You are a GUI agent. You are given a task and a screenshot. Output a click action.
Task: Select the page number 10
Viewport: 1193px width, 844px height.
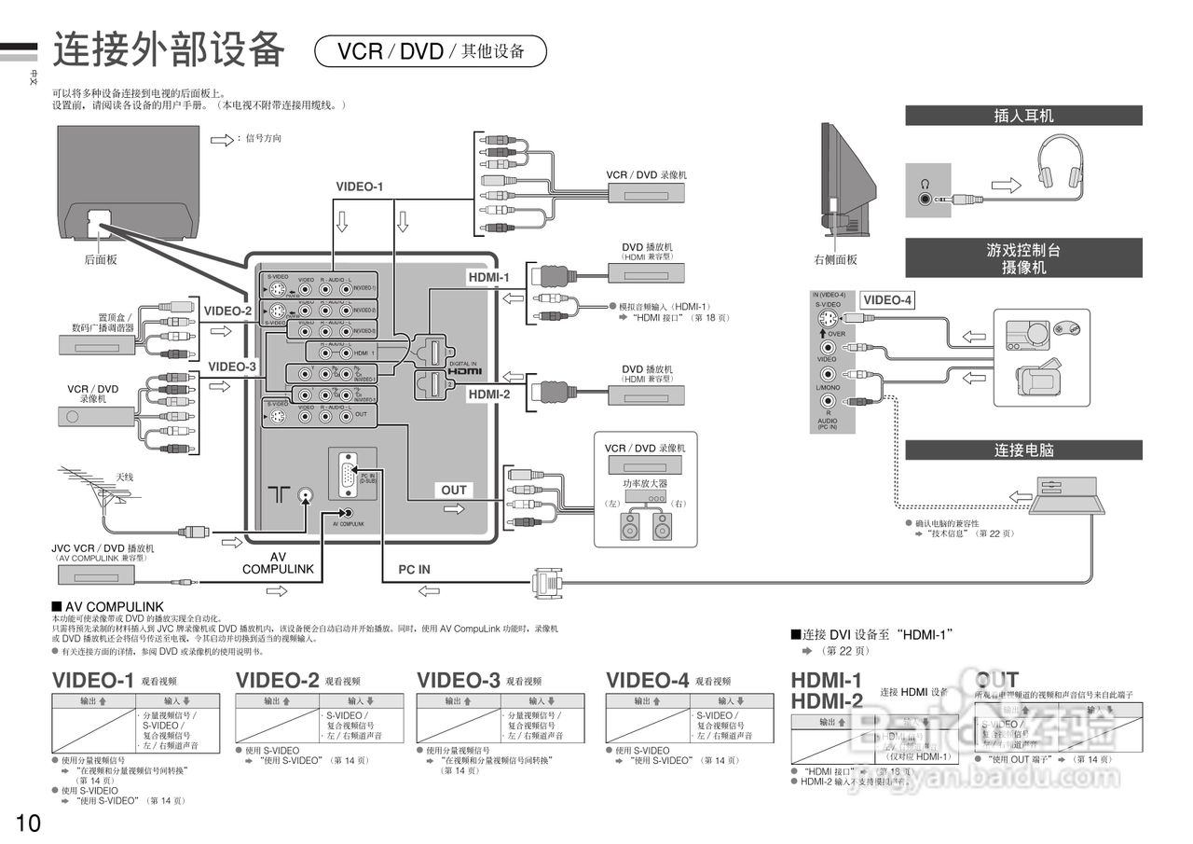pos(27,823)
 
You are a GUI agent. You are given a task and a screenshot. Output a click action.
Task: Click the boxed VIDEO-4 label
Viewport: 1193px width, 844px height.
pos(887,300)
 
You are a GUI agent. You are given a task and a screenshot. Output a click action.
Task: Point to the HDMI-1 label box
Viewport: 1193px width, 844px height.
pos(488,277)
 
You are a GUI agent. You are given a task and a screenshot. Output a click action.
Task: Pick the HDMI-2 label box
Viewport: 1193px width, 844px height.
pos(489,394)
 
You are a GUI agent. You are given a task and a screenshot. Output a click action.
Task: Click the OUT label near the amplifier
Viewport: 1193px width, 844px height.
pos(454,490)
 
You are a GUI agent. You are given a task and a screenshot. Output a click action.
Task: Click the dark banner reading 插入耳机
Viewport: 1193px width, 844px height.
pos(1023,116)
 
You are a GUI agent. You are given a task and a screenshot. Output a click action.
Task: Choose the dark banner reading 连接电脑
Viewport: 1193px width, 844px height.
pos(1023,450)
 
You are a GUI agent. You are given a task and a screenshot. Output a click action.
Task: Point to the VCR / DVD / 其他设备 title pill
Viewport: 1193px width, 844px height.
pos(431,51)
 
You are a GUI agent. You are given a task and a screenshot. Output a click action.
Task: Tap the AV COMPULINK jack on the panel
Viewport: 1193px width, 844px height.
pos(348,512)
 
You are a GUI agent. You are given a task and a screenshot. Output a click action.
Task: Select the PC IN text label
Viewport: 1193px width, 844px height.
pos(415,569)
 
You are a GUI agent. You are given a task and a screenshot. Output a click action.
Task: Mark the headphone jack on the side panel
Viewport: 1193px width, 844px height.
pos(924,198)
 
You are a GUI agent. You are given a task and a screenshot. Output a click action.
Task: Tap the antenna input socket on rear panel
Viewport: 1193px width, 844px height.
pos(304,495)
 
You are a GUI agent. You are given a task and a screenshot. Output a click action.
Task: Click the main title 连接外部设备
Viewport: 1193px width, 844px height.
pos(168,49)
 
